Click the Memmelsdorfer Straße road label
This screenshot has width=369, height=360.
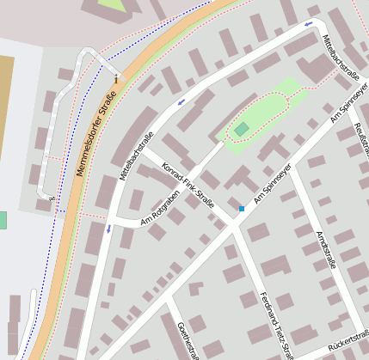[x=97, y=138]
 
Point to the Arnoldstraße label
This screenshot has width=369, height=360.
[x=326, y=249]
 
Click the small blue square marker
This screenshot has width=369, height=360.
[x=242, y=209]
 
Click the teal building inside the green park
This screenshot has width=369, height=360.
[x=242, y=129]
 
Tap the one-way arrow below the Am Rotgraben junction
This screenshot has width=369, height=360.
[x=108, y=229]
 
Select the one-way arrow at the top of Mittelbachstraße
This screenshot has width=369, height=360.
[x=307, y=25]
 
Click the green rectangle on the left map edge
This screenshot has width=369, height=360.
[x=3, y=220]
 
